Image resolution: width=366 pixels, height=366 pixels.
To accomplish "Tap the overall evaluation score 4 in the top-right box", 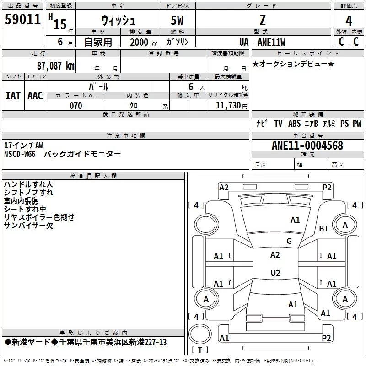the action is [x=349, y=21].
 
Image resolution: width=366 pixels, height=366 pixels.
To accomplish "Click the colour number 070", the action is [x=75, y=106].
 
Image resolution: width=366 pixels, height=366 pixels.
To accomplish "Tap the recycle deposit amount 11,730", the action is [x=228, y=106].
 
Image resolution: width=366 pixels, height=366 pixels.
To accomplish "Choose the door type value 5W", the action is [x=178, y=21].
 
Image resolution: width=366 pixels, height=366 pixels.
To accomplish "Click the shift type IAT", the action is [x=13, y=96].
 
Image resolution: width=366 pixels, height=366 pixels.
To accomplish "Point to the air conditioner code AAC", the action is [x=35, y=96].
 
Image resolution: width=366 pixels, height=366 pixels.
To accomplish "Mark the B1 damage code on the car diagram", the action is [x=324, y=228].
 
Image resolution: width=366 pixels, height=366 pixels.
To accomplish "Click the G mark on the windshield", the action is [x=289, y=241].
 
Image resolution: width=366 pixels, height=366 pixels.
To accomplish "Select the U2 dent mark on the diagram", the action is [x=275, y=273].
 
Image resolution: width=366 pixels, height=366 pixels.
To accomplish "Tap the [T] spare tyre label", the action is [x=200, y=350].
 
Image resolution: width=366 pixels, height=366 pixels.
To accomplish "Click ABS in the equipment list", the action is [x=294, y=123].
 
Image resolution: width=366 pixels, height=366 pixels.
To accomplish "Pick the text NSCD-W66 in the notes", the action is [x=20, y=154].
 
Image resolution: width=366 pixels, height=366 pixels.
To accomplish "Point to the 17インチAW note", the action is [x=23, y=145].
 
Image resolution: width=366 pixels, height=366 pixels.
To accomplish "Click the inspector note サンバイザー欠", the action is [x=28, y=225].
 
